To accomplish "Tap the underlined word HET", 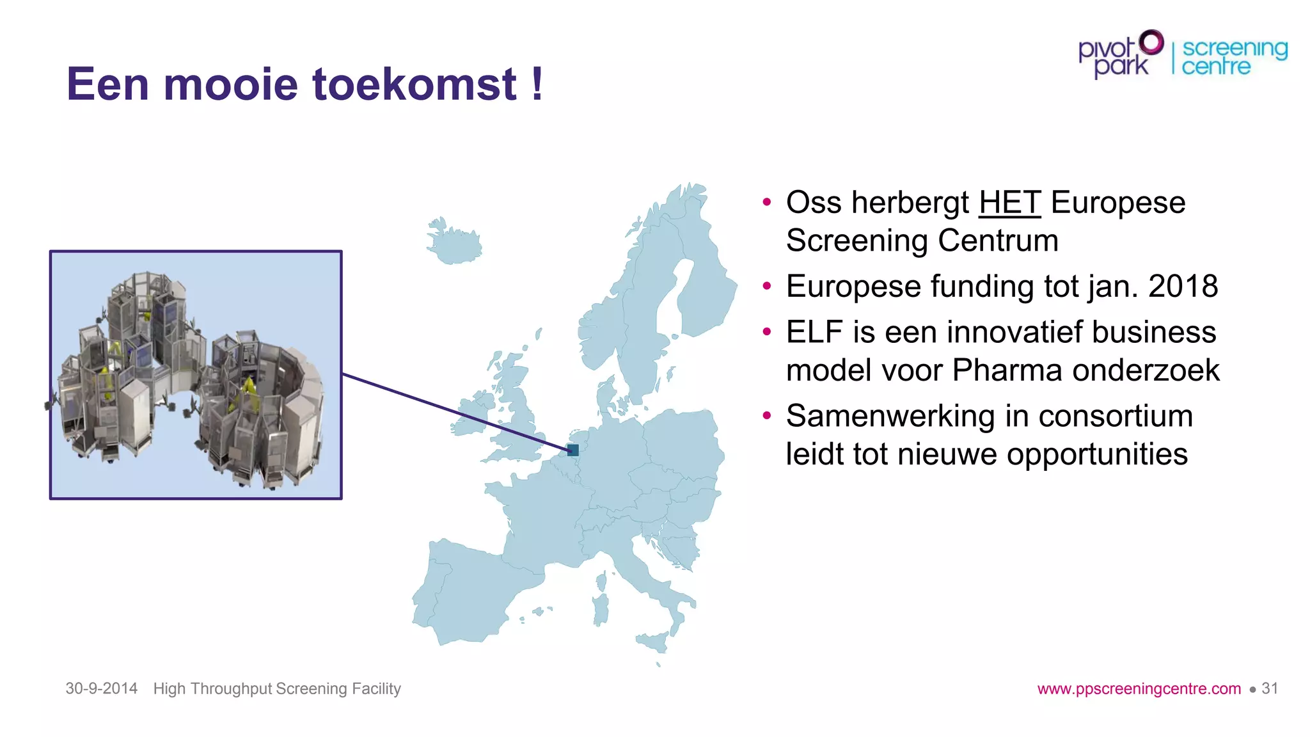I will (1009, 203).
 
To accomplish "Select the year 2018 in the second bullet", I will (1183, 286).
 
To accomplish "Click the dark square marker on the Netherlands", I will (573, 450).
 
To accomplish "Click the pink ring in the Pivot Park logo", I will (1151, 43).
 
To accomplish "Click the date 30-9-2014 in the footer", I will (101, 688).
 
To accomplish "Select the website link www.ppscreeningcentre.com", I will (1139, 689).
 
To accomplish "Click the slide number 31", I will (1270, 688).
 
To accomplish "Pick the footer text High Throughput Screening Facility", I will (277, 688).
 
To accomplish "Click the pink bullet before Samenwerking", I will (767, 416).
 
